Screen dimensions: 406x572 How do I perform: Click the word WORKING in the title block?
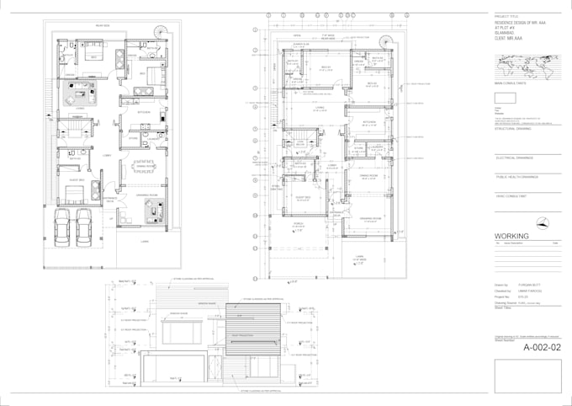[511, 236]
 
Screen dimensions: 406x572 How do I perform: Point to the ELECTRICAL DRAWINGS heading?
[516, 158]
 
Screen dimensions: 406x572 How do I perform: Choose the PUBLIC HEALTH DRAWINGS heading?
[518, 177]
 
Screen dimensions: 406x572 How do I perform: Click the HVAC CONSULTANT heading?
[511, 195]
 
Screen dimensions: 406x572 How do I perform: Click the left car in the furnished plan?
[61, 226]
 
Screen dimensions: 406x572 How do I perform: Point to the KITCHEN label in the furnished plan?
[144, 111]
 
